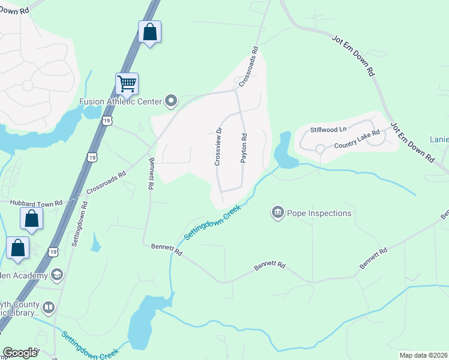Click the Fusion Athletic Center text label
pos(121,101)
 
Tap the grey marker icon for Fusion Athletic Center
pos(171,101)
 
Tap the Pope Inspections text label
pos(319,213)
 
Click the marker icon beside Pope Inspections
pos(277,212)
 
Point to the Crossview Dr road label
pos(218,146)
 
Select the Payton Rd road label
pos(244,146)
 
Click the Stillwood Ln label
pos(328,130)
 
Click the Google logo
pos(20,353)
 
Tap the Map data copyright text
pos(423,355)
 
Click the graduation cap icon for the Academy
pos(57,275)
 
